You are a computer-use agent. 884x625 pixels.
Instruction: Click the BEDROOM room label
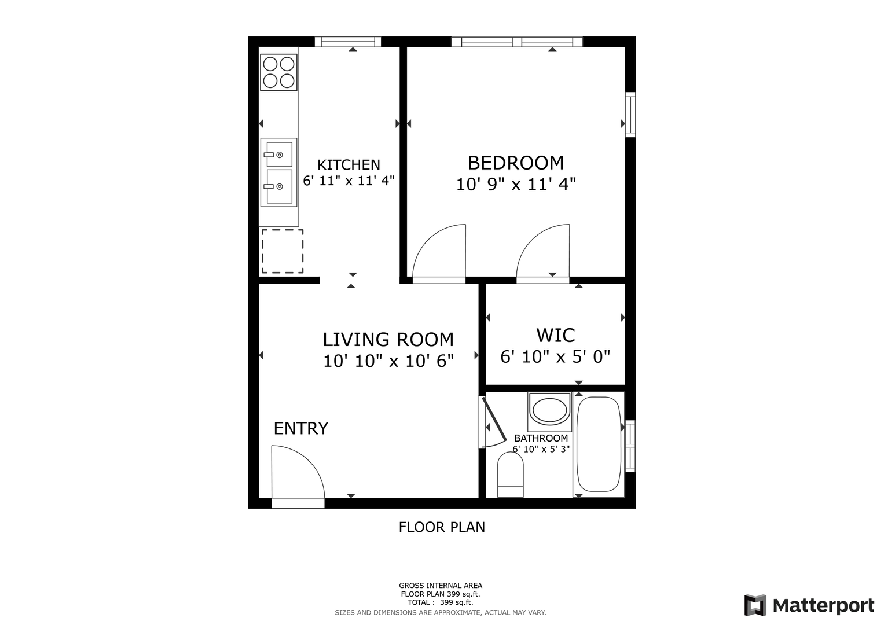click(516, 163)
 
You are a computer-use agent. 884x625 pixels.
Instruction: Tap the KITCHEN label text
click(349, 164)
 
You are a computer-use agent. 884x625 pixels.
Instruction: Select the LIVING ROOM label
click(388, 339)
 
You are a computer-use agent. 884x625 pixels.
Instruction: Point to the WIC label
click(555, 336)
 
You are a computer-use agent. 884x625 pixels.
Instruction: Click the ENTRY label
click(300, 428)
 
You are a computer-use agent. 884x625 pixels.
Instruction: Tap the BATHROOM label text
click(541, 438)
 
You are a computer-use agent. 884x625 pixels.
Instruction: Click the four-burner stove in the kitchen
click(278, 72)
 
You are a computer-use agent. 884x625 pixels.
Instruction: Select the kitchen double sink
click(278, 172)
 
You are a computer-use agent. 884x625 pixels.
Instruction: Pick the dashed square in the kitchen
click(283, 251)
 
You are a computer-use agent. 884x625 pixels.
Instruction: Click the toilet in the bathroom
click(510, 475)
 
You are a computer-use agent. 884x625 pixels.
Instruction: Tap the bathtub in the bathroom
click(599, 444)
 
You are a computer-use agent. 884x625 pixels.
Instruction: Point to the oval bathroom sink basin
click(549, 410)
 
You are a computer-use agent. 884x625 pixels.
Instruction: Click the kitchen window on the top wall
click(348, 42)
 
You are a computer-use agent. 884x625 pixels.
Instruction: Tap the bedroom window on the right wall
click(630, 115)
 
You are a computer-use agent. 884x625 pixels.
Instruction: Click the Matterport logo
click(809, 605)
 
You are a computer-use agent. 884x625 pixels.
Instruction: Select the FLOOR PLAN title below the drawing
click(442, 527)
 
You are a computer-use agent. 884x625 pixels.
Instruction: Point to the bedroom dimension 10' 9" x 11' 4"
click(516, 184)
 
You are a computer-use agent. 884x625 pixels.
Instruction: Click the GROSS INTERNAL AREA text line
click(441, 586)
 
